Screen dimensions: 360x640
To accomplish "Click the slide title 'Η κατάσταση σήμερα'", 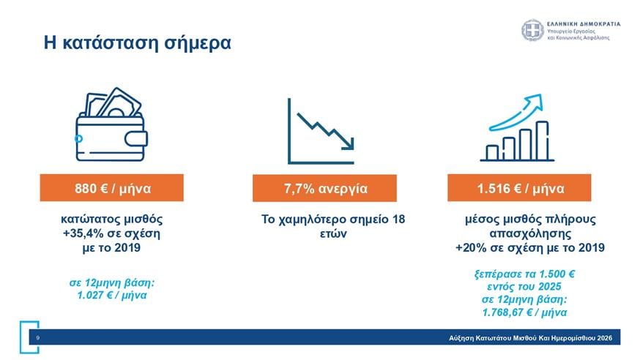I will point(137,43).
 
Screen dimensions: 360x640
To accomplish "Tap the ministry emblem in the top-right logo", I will point(533,31).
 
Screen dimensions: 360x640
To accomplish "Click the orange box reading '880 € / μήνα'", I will point(112,188).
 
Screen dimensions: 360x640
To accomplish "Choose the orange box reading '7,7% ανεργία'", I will point(325,189).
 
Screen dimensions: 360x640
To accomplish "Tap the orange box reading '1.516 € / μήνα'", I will point(521,188).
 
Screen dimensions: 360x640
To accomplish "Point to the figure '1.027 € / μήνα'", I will point(112,296).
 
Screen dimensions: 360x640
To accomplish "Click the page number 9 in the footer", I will point(37,338).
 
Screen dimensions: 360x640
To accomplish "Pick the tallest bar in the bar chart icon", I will point(542,140).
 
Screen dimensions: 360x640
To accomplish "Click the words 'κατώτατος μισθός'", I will point(112,219).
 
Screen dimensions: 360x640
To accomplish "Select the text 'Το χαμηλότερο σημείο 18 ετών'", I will point(333,226).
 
